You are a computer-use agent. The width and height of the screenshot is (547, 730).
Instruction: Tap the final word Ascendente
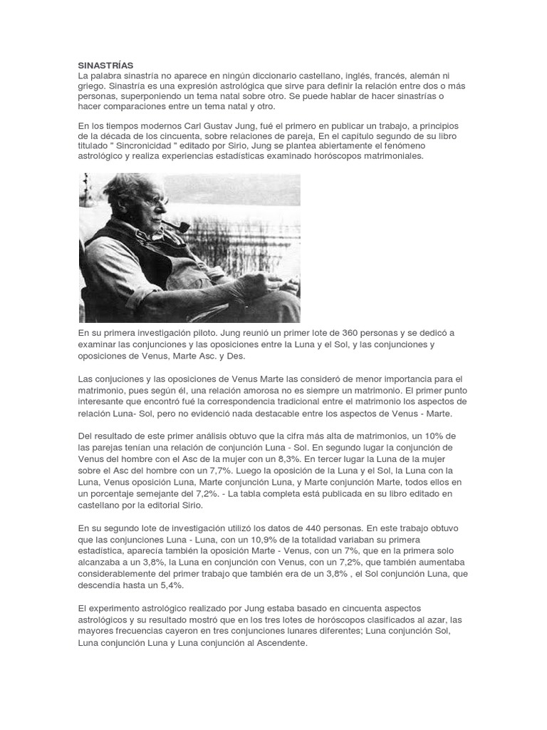[281, 642]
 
